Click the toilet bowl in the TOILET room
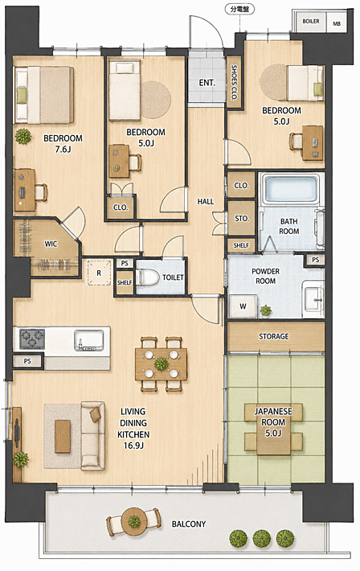click(147, 277)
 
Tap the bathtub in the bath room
click(290, 189)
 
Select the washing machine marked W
click(243, 306)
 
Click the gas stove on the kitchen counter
click(32, 339)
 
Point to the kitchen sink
click(89, 340)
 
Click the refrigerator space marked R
click(99, 272)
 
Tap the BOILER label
click(311, 22)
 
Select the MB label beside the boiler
click(337, 23)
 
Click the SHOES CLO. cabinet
click(234, 82)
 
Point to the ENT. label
click(207, 83)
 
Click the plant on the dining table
click(161, 364)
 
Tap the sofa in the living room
click(93, 436)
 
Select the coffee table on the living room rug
click(63, 436)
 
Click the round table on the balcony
click(134, 522)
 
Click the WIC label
click(51, 244)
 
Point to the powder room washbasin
click(313, 299)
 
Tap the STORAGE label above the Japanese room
click(274, 336)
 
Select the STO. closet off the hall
click(241, 218)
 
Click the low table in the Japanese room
click(273, 429)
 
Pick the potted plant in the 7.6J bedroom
click(23, 136)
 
